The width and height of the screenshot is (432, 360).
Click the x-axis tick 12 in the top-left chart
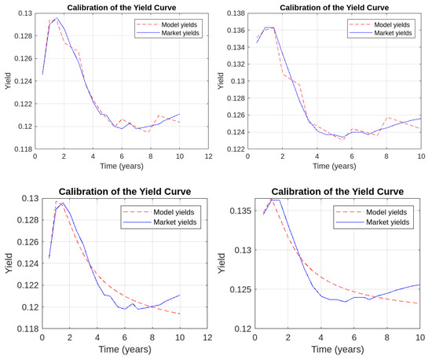[208, 157]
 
